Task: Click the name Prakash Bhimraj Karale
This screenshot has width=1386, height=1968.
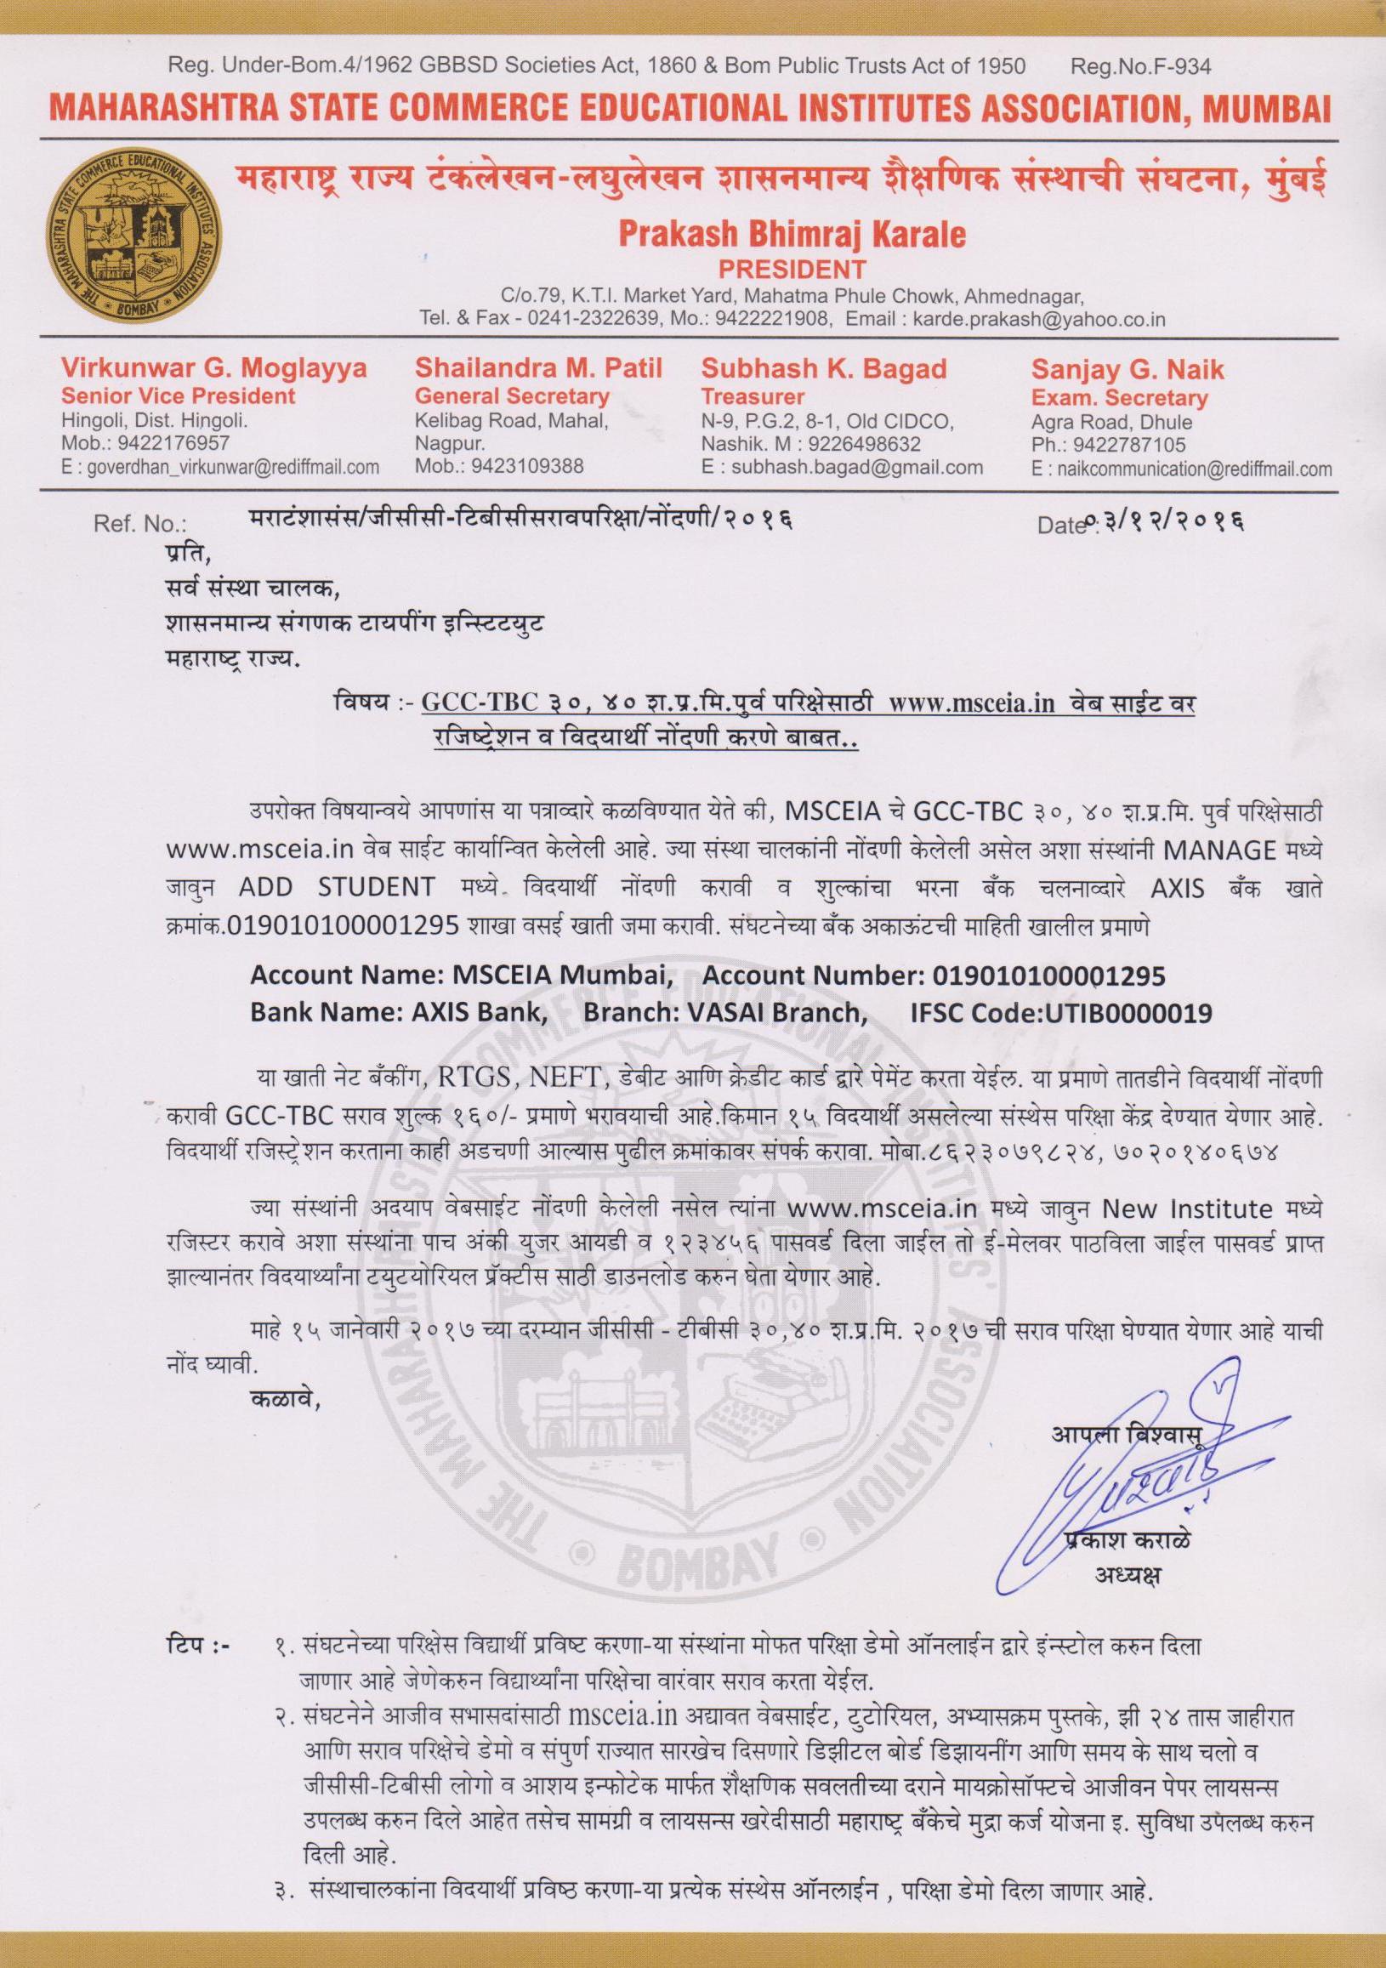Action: [x=792, y=233]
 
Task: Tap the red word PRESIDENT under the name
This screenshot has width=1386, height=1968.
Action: [x=792, y=269]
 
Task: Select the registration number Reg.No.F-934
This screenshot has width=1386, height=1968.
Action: [x=1141, y=65]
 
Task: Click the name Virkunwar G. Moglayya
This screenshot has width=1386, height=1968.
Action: [x=213, y=368]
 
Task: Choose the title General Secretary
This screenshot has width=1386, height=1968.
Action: [x=512, y=396]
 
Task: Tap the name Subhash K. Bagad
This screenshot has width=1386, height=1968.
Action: [x=824, y=368]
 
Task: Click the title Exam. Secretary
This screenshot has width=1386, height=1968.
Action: [x=1118, y=398]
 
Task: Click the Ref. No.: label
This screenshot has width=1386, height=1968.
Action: [x=139, y=524]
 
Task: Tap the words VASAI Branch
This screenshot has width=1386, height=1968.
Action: [x=771, y=1013]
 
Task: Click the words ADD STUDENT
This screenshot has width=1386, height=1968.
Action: [x=336, y=887]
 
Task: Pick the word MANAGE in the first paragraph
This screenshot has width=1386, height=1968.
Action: [x=1219, y=850]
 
